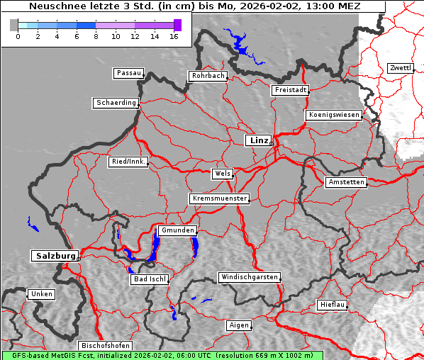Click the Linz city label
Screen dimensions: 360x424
click(259, 140)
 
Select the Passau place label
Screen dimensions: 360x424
click(128, 73)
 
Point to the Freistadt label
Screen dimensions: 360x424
click(290, 90)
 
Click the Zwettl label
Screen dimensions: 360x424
click(400, 68)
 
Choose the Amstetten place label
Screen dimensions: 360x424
click(346, 182)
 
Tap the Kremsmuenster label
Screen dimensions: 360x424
click(220, 198)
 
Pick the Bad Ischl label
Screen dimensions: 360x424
click(150, 279)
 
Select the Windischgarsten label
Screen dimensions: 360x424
click(248, 277)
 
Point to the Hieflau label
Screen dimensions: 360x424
click(333, 305)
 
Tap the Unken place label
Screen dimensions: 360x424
click(41, 294)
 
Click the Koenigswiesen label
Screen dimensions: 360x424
click(334, 115)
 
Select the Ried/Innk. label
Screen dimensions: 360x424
click(128, 162)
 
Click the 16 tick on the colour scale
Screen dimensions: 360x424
click(174, 36)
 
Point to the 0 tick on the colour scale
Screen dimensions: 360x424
click(18, 36)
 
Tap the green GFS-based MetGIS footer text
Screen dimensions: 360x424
click(162, 355)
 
